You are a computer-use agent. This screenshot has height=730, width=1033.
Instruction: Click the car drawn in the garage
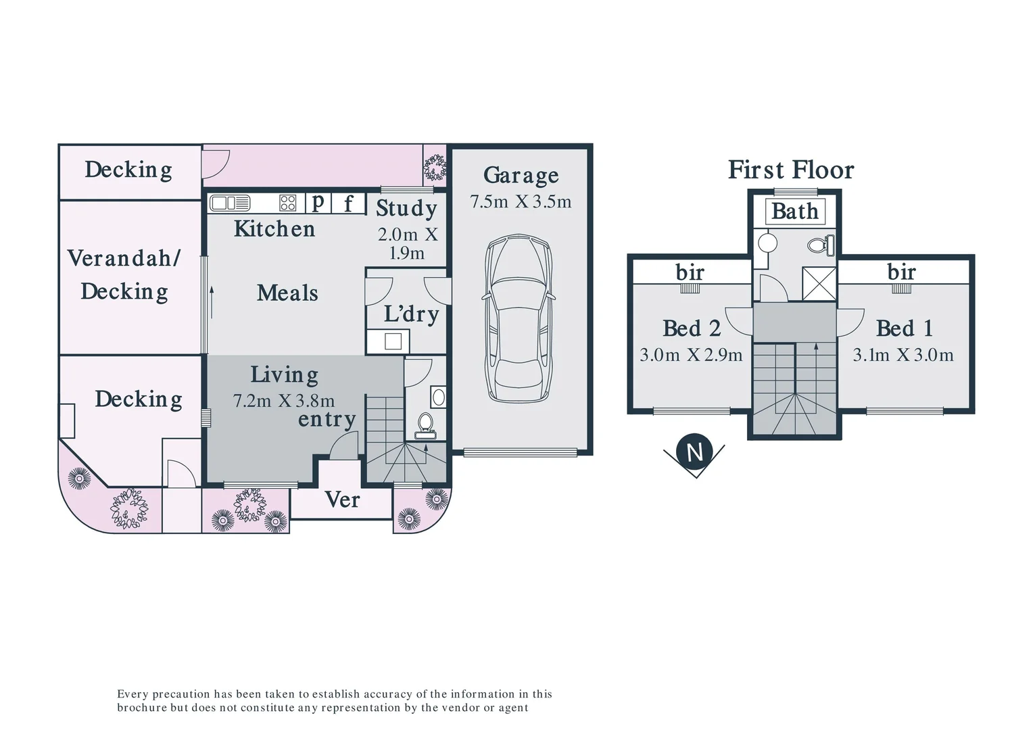pos(519,318)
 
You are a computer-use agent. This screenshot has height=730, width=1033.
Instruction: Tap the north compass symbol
pos(695,452)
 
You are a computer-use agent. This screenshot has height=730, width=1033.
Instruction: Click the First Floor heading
pos(790,170)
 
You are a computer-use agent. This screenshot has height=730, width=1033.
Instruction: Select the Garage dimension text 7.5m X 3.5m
pos(521,201)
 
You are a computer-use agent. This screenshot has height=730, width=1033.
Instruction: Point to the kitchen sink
pos(230,203)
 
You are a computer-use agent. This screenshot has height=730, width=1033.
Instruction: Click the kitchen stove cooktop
pos(288,203)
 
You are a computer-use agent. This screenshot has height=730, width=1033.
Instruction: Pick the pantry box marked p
pos(318,202)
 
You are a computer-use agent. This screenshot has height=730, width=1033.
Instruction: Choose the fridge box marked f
pos(348,203)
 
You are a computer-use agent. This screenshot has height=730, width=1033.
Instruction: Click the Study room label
pos(406,208)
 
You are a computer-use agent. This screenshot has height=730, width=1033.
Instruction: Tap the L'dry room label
pos(411,314)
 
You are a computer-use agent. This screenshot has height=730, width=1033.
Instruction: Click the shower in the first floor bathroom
pos(819,283)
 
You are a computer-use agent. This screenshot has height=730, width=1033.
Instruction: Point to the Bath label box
pos(794,212)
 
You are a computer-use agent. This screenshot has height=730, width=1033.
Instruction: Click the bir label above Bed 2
pos(690,272)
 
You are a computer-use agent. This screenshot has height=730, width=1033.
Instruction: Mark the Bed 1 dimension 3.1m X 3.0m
pos(903,355)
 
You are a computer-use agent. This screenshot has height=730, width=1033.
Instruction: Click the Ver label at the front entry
pos(342,500)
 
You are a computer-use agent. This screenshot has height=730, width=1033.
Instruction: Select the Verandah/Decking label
pos(124,274)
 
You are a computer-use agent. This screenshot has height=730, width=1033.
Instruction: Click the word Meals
pos(287,293)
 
